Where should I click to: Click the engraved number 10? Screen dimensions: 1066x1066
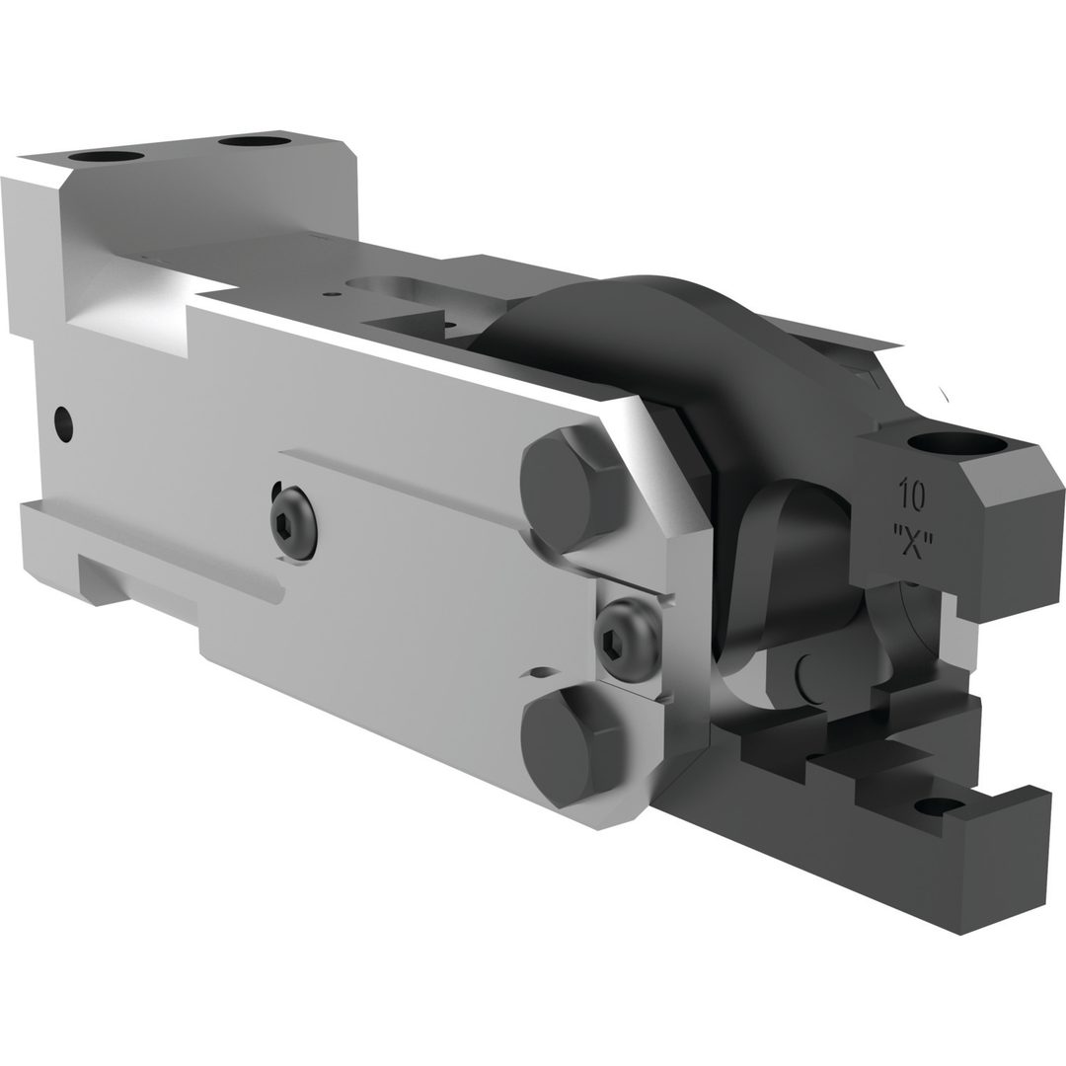(911, 495)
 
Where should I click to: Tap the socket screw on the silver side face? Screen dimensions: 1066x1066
(294, 522)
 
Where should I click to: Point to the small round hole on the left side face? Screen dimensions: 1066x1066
(64, 424)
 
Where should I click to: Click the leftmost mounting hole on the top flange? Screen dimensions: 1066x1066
(106, 156)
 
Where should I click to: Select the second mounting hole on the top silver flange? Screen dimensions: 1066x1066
(255, 141)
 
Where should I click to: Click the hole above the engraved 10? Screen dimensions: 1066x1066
(956, 444)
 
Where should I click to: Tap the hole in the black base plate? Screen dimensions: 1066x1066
(939, 806)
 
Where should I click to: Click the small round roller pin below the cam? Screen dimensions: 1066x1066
(811, 676)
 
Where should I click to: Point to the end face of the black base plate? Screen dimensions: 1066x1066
(1002, 869)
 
